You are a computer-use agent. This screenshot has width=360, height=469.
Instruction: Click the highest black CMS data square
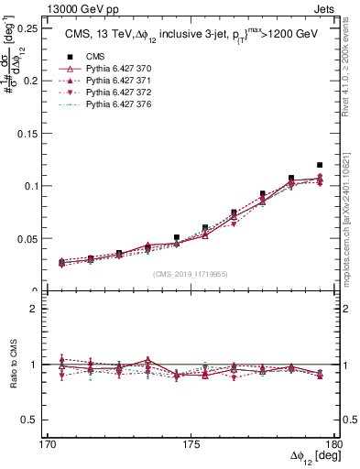pyautogui.click(x=320, y=165)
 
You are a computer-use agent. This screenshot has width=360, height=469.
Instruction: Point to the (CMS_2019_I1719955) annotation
pyautogui.click(x=191, y=273)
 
